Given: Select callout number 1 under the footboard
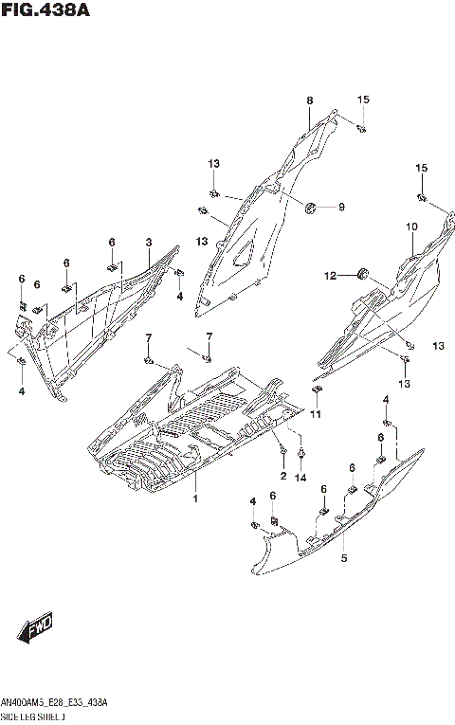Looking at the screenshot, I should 195,498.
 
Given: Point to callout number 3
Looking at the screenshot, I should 149,243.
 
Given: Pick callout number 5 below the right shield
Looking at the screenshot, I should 344,558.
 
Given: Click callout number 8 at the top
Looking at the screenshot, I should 309,100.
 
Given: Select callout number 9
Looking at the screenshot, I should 342,208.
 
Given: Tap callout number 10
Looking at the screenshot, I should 412,227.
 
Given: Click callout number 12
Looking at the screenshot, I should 330,276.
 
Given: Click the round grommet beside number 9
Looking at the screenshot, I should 312,208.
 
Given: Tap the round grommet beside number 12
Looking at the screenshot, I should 361,275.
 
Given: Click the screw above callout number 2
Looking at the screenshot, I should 282,446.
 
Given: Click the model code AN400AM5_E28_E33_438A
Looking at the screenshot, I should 55,702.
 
